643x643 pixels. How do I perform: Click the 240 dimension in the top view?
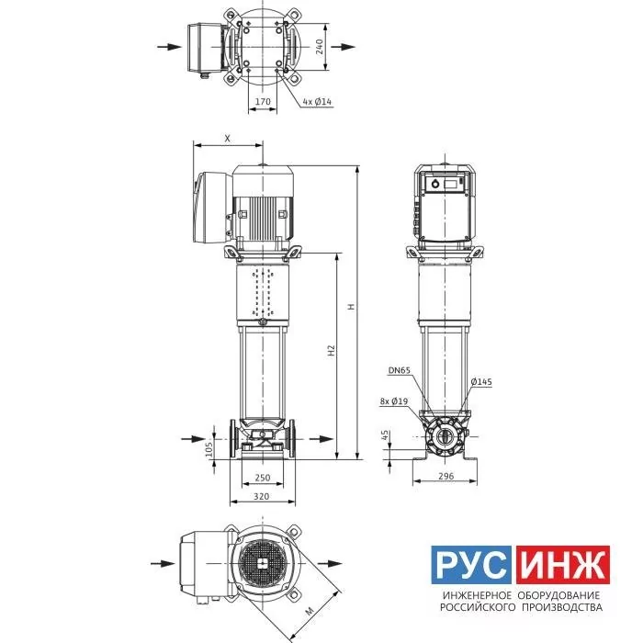point(320,47)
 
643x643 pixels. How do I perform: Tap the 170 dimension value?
point(263,101)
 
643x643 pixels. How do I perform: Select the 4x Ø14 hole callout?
point(317,101)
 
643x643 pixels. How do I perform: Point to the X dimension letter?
point(228,139)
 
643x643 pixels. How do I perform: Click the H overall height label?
point(351,306)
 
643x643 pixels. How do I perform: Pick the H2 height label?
point(332,351)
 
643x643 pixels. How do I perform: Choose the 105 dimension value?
point(209,449)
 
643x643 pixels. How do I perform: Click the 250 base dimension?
point(263,478)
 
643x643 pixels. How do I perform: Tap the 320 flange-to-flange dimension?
point(262,496)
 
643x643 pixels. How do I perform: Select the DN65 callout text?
point(399,370)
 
